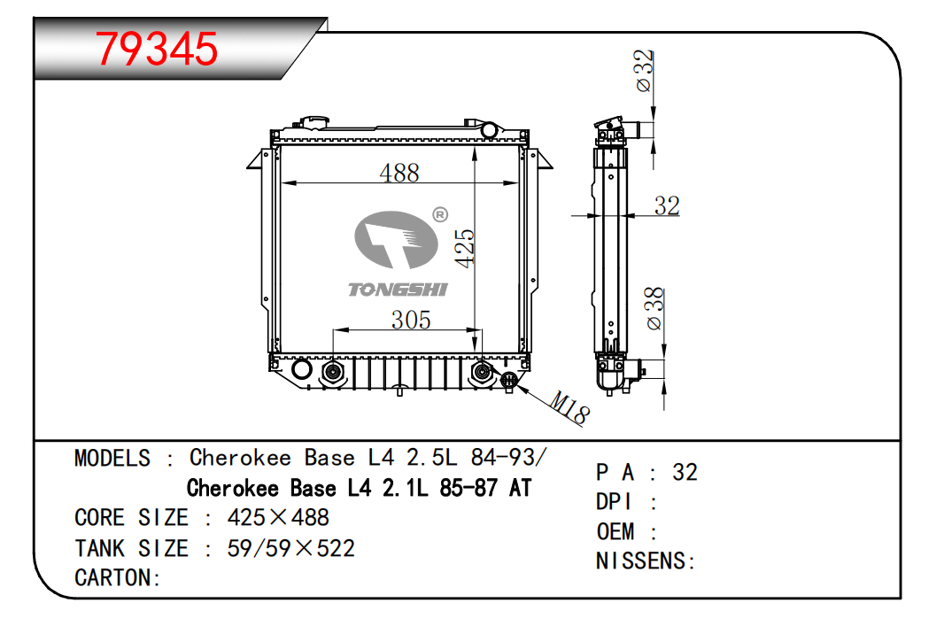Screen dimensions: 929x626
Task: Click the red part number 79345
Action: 157,49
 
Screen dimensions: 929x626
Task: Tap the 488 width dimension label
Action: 399,173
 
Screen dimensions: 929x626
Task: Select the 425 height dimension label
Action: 465,248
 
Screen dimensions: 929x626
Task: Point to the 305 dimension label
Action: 411,320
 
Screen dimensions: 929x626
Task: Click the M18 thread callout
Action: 569,408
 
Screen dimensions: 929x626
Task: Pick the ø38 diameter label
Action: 654,308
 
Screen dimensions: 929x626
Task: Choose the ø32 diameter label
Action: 644,71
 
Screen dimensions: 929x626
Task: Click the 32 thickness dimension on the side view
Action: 667,205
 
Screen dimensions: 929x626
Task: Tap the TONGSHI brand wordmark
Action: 397,289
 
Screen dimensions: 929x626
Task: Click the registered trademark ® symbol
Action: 439,215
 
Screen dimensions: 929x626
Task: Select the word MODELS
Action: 112,459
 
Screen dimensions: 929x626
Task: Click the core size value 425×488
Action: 278,518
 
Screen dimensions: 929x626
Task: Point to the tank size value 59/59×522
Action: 290,548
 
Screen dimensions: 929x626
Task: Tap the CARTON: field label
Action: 117,578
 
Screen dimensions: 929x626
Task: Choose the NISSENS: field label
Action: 646,560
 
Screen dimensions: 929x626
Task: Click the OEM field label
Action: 615,531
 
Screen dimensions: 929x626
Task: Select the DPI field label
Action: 615,502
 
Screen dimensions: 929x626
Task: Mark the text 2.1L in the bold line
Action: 406,488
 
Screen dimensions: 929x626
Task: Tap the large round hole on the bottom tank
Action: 301,369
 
